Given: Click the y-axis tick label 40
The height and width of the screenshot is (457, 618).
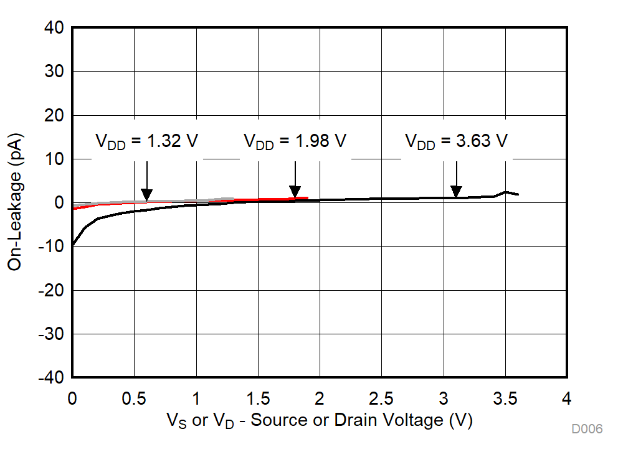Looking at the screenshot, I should point(54,28).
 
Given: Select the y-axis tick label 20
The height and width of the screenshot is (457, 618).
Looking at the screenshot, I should point(54,116).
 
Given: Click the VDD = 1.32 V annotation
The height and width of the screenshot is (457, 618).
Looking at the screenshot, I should point(146,141).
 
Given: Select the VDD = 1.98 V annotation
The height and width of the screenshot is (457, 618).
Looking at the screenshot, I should point(295,141).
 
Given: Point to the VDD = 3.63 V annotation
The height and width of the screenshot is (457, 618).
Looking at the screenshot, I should point(456,141).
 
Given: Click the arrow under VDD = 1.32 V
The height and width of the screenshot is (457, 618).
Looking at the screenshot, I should point(146,181).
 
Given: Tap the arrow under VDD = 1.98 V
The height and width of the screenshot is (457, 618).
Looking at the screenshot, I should point(295,181).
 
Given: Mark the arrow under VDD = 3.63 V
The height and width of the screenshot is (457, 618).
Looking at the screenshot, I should point(456,181).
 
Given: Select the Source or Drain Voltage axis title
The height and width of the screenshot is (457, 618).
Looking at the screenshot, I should point(319,421).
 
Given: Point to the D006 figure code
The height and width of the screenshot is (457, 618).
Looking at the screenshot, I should point(587,429).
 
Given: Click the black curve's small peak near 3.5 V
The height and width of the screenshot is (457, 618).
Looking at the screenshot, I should point(506,192).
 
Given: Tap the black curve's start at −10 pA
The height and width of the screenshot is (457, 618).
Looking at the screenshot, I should point(73,245).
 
